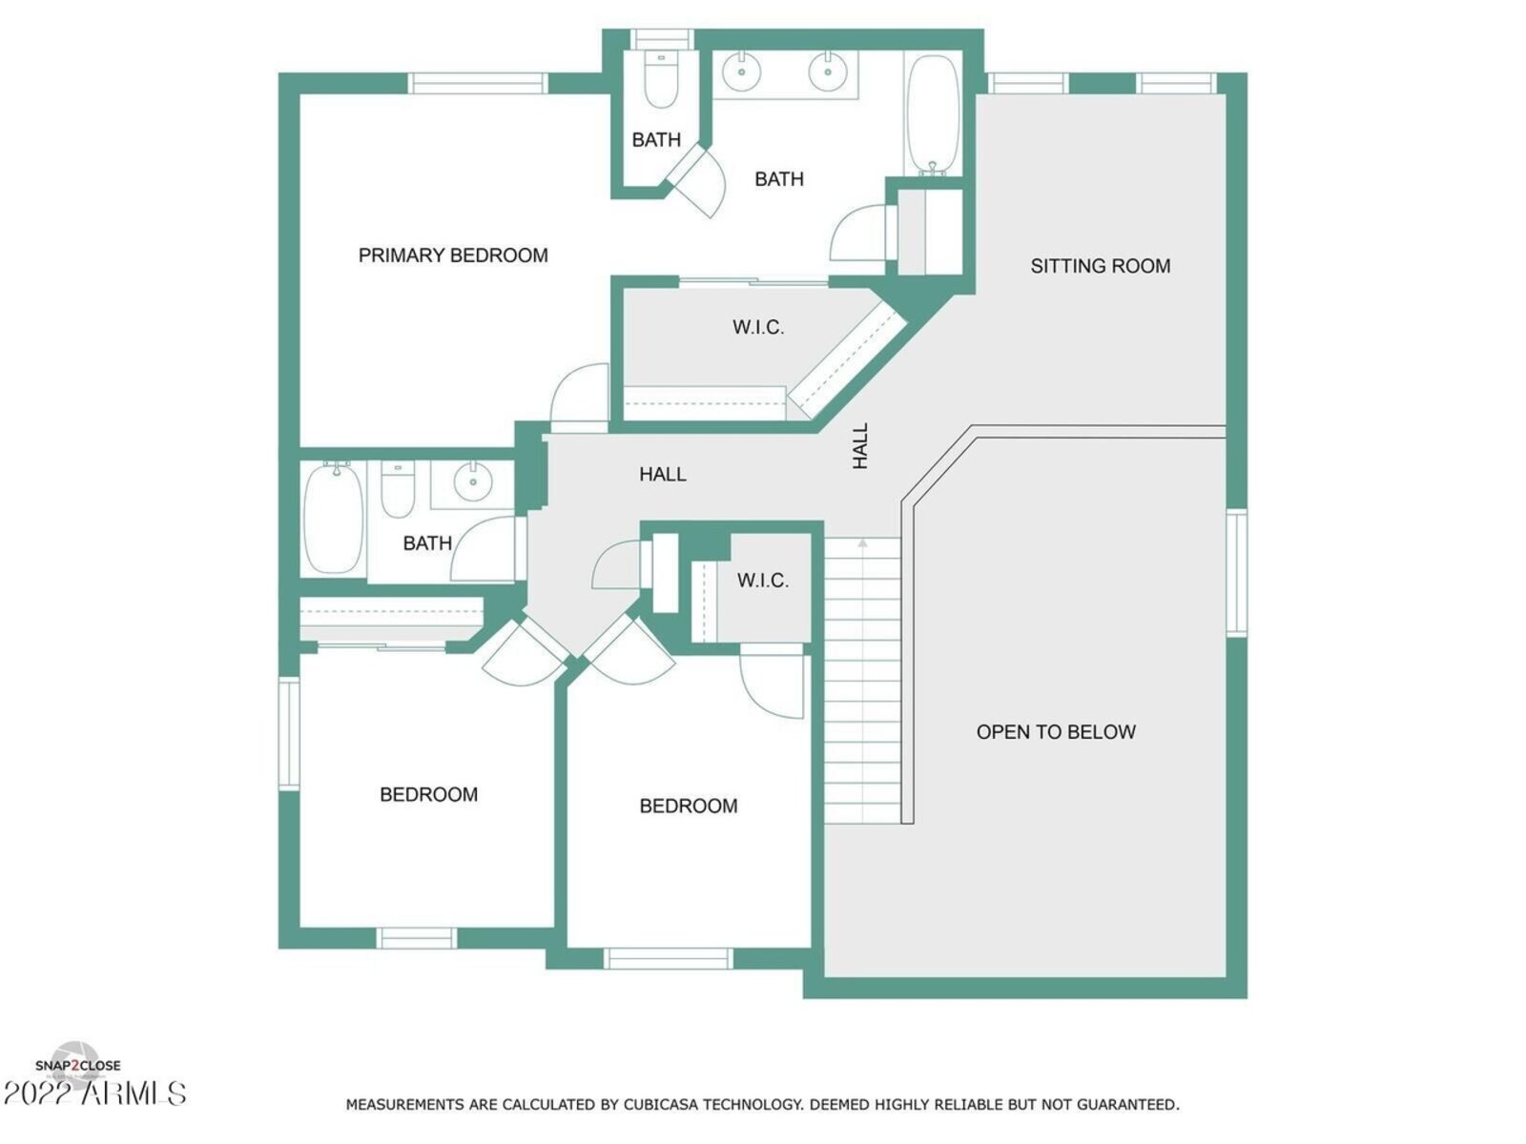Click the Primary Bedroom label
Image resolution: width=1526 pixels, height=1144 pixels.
click(x=453, y=255)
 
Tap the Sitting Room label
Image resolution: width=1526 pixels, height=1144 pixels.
click(x=1100, y=266)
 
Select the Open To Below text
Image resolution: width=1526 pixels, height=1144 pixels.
click(x=1056, y=731)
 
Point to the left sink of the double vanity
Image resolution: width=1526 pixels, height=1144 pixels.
click(x=742, y=71)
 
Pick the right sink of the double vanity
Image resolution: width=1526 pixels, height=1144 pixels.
click(x=827, y=71)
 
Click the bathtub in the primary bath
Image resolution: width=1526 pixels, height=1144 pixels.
click(x=933, y=114)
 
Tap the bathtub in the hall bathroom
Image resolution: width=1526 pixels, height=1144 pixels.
click(x=333, y=519)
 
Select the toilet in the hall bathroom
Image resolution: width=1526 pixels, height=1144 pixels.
click(x=398, y=489)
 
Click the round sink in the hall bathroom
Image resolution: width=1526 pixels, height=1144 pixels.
click(x=473, y=480)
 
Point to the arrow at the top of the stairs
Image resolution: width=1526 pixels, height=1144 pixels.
click(x=862, y=542)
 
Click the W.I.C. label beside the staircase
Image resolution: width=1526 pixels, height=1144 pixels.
click(x=763, y=580)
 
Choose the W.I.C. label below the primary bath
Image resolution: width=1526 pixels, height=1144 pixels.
click(x=758, y=327)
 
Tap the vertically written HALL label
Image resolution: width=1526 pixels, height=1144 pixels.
click(x=860, y=446)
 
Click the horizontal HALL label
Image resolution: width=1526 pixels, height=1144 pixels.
click(x=663, y=475)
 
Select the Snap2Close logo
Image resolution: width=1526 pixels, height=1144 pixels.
click(x=78, y=1066)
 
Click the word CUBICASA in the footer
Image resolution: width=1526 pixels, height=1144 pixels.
click(x=662, y=1104)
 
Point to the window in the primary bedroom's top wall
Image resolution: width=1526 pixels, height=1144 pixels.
click(x=478, y=83)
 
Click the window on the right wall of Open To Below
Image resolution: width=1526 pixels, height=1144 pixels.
click(x=1236, y=572)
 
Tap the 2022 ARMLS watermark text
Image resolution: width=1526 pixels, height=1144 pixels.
click(x=94, y=1093)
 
